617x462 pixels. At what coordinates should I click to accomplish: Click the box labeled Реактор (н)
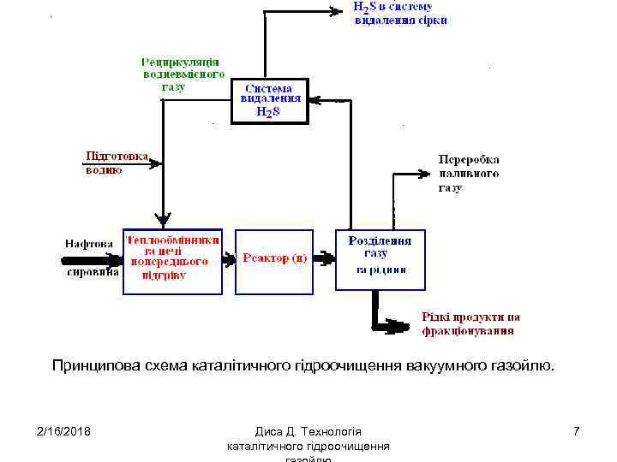pos(274,260)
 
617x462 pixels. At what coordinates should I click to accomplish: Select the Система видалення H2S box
pos(267,100)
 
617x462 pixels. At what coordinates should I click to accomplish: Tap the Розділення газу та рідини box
pos(380,259)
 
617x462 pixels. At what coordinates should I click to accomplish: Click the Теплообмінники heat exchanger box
pos(172,260)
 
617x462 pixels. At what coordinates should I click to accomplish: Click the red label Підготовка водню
pos(116,163)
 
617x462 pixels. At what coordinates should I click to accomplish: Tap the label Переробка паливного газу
pos(469,174)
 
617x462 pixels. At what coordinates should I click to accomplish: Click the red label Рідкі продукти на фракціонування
pos(470,323)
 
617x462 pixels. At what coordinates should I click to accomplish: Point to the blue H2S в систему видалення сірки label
pos(400,13)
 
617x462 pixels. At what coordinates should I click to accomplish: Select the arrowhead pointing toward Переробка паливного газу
pos(422,174)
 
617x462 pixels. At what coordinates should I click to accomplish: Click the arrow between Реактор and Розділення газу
pos(325,257)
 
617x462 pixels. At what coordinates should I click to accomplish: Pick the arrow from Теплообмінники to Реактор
pos(229,257)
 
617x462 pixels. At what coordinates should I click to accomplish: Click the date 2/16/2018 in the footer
pos(64,430)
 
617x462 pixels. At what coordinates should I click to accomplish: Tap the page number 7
pos(576,430)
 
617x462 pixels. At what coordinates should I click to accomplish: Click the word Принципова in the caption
pos(91,367)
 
